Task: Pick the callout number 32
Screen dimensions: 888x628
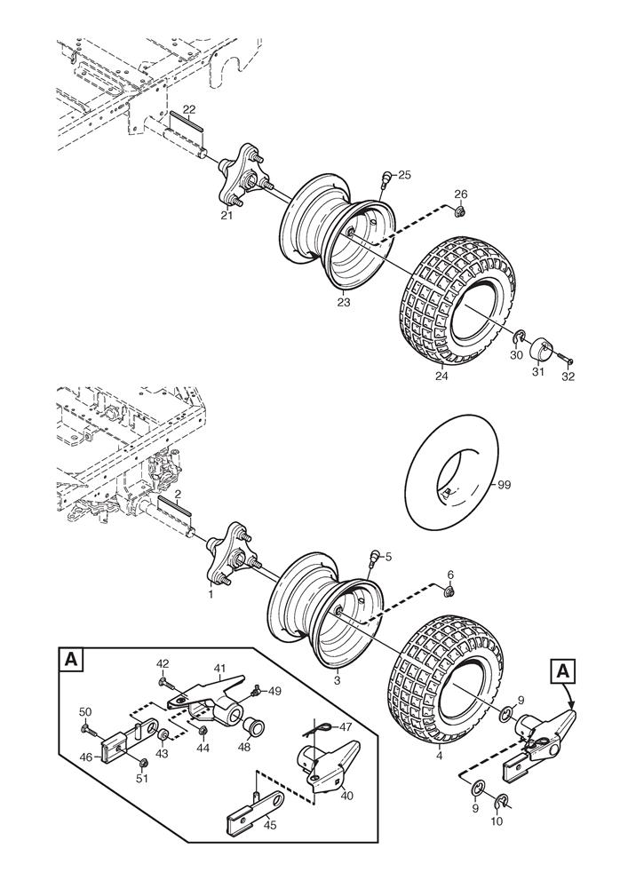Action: pyautogui.click(x=568, y=377)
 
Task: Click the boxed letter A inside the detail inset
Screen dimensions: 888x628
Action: pyautogui.click(x=70, y=661)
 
